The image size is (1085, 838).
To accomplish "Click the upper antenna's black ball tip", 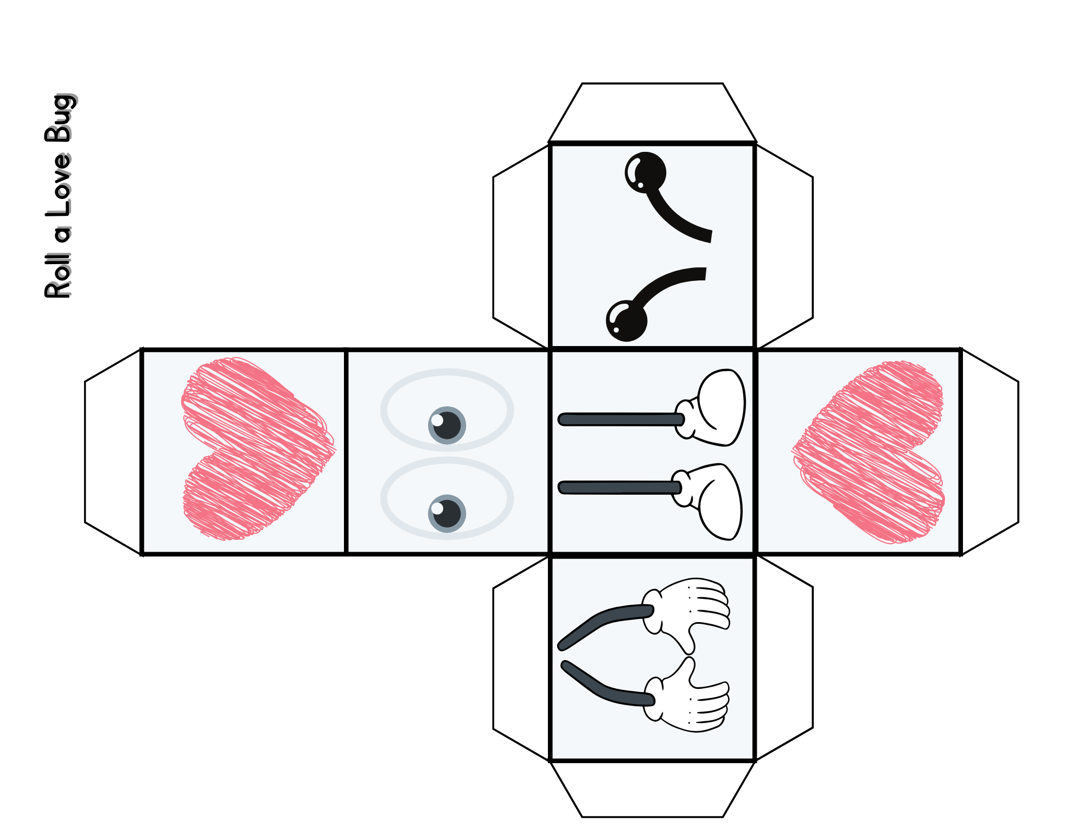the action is tap(645, 172).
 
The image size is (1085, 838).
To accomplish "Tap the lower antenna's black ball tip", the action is tap(627, 321).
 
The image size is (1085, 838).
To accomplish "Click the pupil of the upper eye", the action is tap(447, 425).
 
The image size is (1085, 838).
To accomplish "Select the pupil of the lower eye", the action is tap(447, 513).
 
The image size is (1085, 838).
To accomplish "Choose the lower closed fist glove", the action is tap(708, 502).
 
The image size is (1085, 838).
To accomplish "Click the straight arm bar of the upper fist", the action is tap(621, 419).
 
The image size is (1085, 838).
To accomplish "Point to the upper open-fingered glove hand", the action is tap(686, 613).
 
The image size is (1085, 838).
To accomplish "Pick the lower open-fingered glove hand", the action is tap(686, 697).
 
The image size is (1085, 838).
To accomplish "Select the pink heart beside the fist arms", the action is tap(868, 452).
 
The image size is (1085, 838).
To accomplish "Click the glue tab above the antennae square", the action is tap(653, 113).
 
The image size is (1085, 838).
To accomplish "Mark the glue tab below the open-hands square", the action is tap(653, 789).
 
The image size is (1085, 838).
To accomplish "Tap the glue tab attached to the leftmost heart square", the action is tap(113, 452).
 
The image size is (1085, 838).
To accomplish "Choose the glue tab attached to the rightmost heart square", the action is tap(990, 452).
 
